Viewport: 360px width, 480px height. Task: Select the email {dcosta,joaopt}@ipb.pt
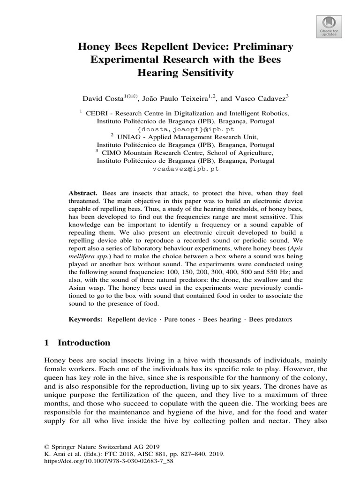click(186, 129)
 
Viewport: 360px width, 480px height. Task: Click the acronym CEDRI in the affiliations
click(98, 113)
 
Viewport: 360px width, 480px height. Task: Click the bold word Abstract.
click(82, 193)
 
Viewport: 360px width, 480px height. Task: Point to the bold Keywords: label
click(85, 319)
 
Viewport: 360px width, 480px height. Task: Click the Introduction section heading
click(84, 343)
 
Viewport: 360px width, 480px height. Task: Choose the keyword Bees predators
click(270, 319)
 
